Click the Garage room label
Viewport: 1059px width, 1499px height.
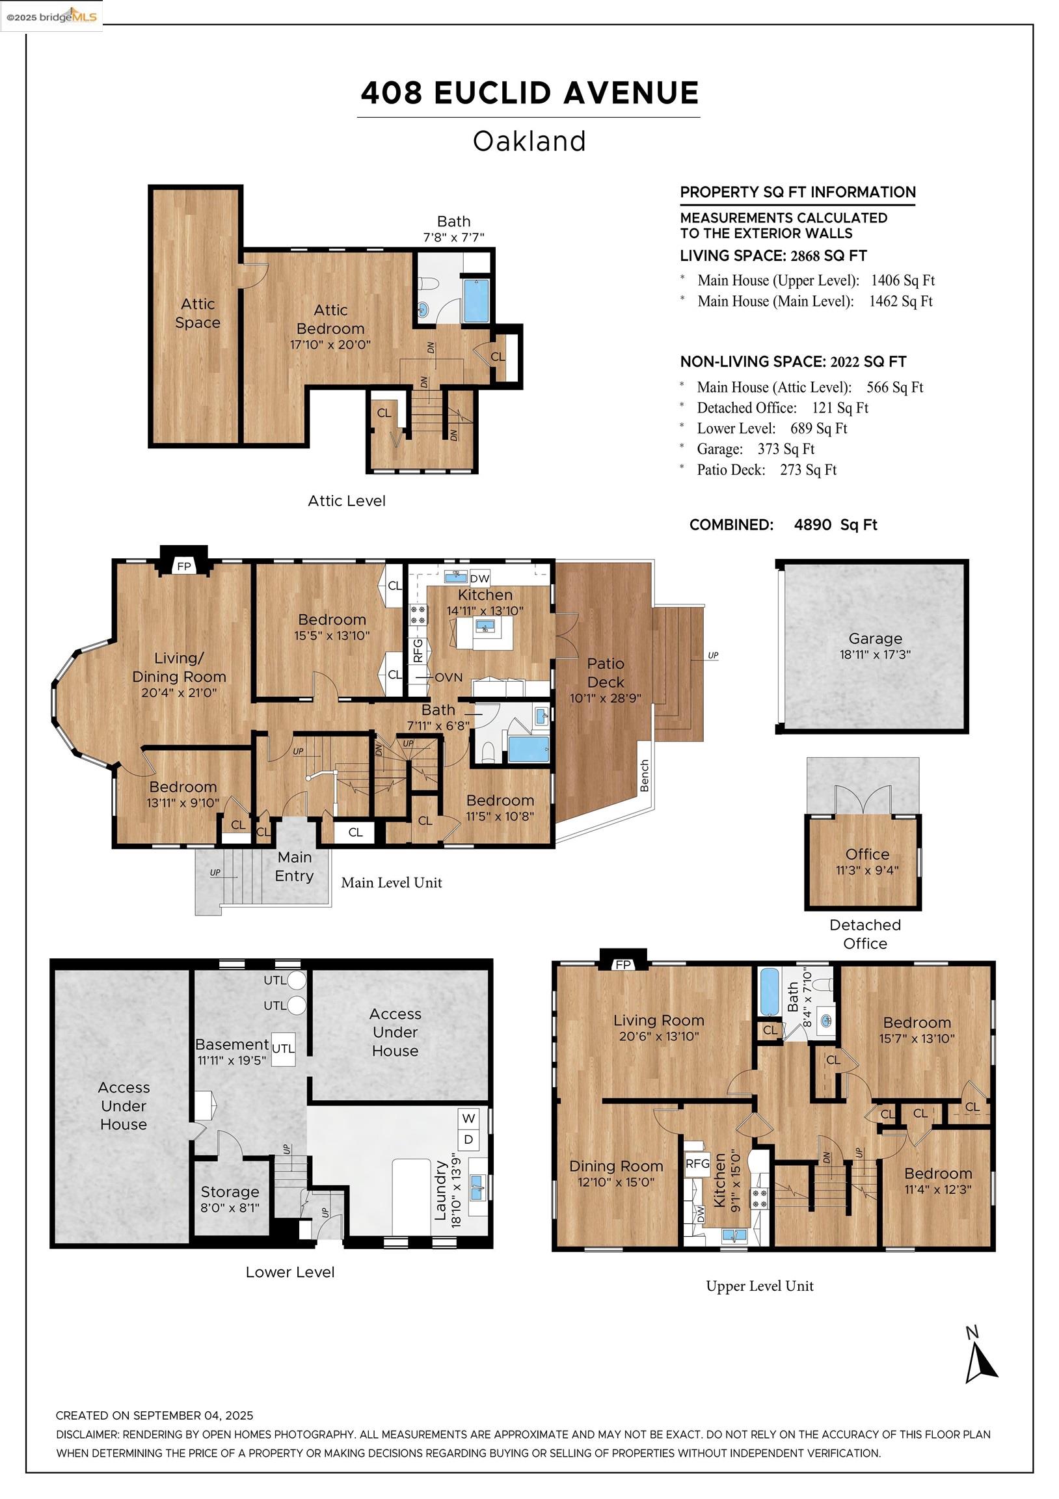(x=875, y=638)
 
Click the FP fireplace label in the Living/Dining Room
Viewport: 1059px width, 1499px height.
(x=184, y=566)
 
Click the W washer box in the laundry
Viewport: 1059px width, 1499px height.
(x=469, y=1118)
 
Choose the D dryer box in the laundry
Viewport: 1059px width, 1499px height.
(x=469, y=1140)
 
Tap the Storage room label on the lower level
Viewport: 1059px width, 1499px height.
(x=230, y=1191)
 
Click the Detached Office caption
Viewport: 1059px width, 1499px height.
(x=865, y=934)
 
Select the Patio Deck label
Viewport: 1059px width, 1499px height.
(x=606, y=673)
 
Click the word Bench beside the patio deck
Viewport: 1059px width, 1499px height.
(x=645, y=776)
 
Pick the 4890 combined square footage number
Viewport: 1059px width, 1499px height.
(x=813, y=524)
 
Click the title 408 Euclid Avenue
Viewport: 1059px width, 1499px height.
(x=529, y=92)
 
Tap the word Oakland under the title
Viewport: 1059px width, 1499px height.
(x=529, y=141)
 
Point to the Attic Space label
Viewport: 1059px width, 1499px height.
(x=198, y=313)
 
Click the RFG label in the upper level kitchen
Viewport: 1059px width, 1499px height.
(x=697, y=1163)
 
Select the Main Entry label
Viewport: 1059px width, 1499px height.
(x=295, y=867)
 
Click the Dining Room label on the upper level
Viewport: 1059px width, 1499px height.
(x=615, y=1166)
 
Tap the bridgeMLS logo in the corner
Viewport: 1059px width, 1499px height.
(x=51, y=16)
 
